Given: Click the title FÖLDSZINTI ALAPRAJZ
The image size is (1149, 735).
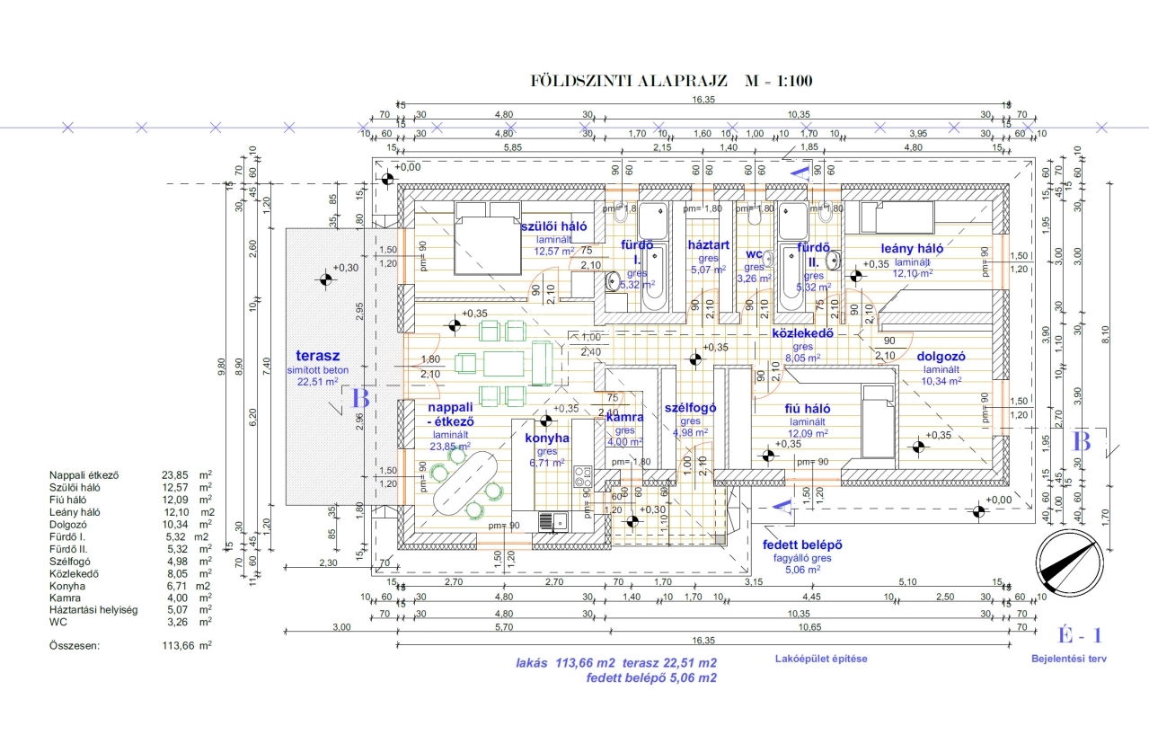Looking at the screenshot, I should pyautogui.click(x=629, y=81).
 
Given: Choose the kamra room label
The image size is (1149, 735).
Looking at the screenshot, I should pyautogui.click(x=624, y=418).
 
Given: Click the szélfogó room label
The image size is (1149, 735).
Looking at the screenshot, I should pyautogui.click(x=690, y=407).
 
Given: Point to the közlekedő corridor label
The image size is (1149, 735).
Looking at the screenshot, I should pyautogui.click(x=804, y=333).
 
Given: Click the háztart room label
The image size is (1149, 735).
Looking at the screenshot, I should pyautogui.click(x=708, y=244).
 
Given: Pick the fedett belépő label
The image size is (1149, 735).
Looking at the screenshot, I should pyautogui.click(x=802, y=545).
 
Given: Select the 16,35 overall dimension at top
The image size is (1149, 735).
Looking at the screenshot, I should pyautogui.click(x=703, y=100).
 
